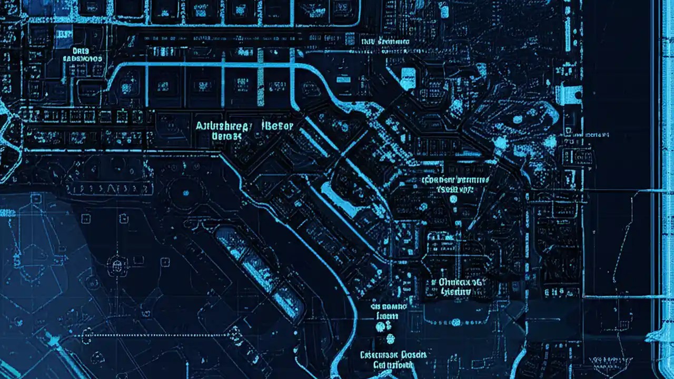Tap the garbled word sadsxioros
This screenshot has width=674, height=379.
click(83, 59)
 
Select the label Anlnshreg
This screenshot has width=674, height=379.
click(222, 126)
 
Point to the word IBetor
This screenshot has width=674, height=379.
click(276, 125)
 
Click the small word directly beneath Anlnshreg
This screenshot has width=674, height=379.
click(226, 136)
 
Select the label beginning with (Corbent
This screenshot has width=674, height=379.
click(455, 179)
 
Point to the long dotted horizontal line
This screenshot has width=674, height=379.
click(158, 335)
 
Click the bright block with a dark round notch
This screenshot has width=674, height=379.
click(568, 94)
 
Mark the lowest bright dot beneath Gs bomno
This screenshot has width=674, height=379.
click(390, 338)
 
